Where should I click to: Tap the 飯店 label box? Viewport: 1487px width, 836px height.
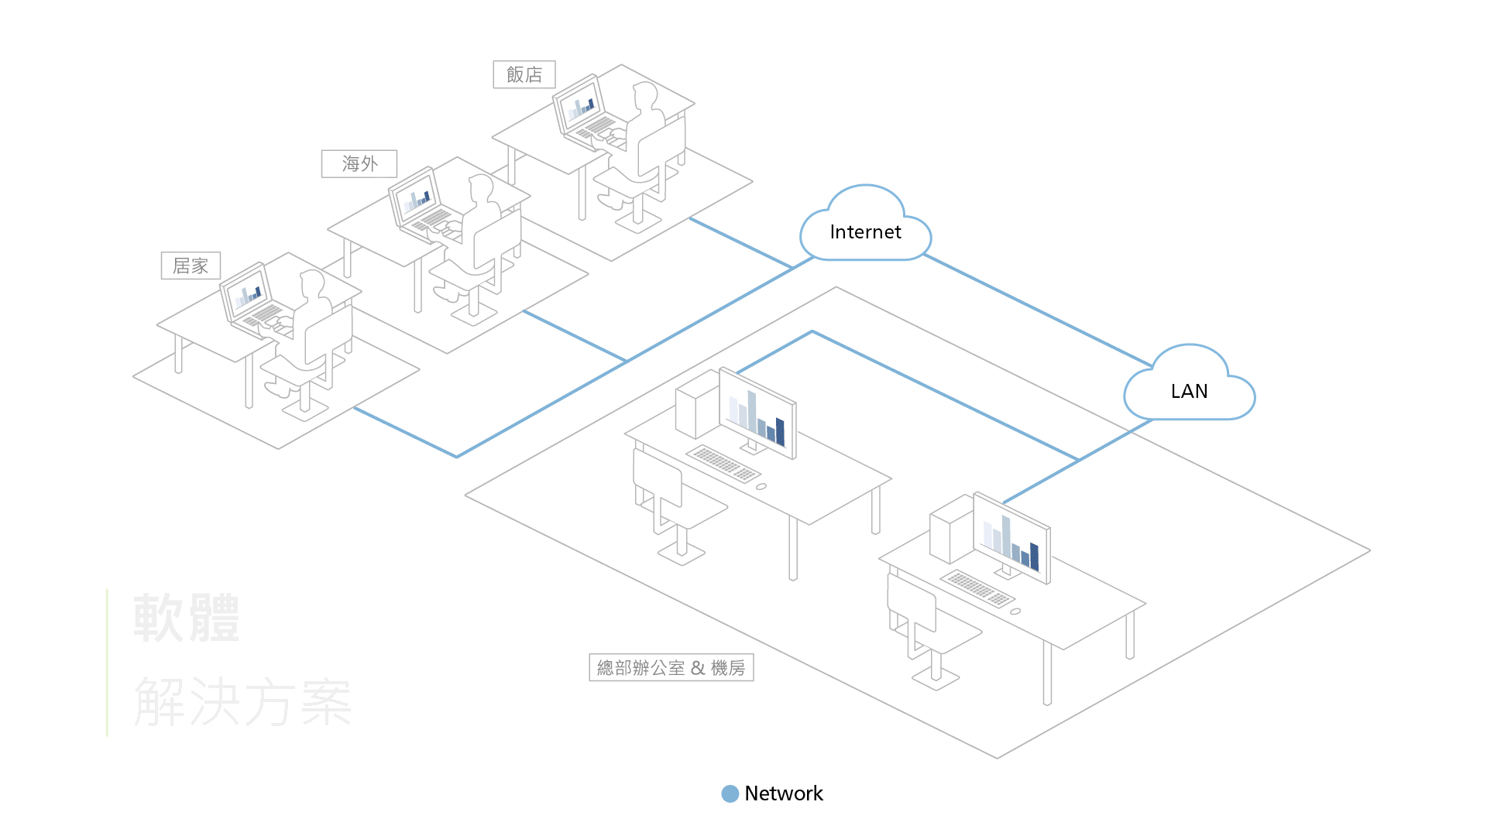pyautogui.click(x=524, y=74)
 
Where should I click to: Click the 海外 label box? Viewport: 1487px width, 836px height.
pyautogui.click(x=359, y=163)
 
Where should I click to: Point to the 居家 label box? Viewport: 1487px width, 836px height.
pyautogui.click(x=191, y=266)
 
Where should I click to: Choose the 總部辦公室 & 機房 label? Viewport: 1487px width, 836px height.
pyautogui.click(x=671, y=667)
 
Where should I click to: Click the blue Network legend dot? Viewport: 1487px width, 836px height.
pyautogui.click(x=730, y=793)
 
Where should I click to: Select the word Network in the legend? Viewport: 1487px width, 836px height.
pyautogui.click(x=783, y=793)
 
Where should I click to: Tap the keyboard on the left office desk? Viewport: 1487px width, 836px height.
pyautogui.click(x=723, y=463)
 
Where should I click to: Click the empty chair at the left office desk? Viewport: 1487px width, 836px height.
pyautogui.click(x=666, y=503)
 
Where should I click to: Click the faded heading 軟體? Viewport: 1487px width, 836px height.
pyautogui.click(x=186, y=618)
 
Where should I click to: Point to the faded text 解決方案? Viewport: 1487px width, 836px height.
pyautogui.click(x=242, y=701)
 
